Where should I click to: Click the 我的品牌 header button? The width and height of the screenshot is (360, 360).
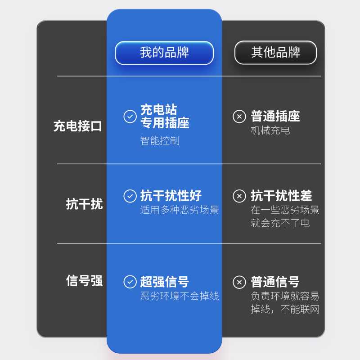pos(164,53)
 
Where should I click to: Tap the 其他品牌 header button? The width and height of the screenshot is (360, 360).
pos(275,53)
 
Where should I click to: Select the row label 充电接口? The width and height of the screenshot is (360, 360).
pos(78,126)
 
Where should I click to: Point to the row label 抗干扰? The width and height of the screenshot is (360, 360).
pos(84,204)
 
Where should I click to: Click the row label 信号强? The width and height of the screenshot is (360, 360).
pos(84,281)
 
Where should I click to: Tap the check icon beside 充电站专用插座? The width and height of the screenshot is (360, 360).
pos(130,116)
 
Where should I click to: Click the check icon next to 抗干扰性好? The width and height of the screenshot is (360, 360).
pos(130,196)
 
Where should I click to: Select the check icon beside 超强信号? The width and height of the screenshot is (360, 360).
pos(130,282)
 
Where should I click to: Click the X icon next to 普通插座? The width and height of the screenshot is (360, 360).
pos(239,116)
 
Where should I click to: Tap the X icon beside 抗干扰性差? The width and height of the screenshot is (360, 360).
pos(239,196)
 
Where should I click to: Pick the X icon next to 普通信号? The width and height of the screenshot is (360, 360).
pos(239,282)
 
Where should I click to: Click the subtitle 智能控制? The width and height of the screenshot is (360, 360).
pos(160,140)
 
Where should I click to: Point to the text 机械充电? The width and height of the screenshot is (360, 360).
pos(270,130)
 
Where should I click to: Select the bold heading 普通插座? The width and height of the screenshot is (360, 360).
pos(275,116)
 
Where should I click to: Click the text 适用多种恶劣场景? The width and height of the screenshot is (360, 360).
pos(179,210)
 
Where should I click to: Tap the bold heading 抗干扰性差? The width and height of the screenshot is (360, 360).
pos(281,196)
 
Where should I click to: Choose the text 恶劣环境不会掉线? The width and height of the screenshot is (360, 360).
pos(179,296)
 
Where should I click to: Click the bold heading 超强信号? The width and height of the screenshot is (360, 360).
pos(164,282)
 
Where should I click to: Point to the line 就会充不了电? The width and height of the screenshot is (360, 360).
pos(280,223)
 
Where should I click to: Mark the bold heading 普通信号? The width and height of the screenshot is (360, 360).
pos(275,282)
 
